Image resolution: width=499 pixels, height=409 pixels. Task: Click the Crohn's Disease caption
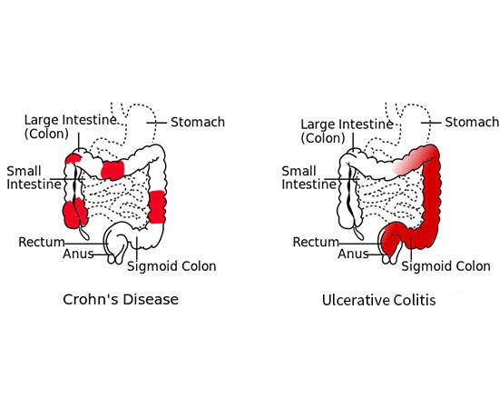121,299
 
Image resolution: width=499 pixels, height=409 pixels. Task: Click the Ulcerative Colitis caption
378,300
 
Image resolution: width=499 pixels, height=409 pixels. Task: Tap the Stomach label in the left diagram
198,122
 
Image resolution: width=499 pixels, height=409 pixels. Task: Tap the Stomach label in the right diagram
472,122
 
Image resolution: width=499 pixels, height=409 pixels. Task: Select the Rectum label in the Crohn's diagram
42,242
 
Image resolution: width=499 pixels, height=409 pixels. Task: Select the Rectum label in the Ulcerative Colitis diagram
316,242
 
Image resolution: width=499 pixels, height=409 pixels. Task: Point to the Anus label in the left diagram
78,254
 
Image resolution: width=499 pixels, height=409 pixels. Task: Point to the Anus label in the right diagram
353,254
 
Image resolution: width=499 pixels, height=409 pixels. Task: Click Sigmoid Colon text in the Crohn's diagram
171,266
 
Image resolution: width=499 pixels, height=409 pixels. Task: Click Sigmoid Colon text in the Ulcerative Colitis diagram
445,266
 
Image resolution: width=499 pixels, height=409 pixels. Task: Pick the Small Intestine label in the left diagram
34,177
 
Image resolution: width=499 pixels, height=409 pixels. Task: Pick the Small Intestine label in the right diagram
308,177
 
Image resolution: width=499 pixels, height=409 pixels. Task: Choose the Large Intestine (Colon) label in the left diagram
70,127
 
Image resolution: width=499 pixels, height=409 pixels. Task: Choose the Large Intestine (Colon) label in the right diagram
347,131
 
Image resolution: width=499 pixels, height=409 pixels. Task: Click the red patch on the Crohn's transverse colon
113,170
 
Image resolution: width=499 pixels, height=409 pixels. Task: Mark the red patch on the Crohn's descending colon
157,207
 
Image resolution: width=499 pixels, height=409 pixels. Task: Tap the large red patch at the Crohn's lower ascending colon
75,213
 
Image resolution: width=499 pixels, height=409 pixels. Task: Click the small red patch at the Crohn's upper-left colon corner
73,158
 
